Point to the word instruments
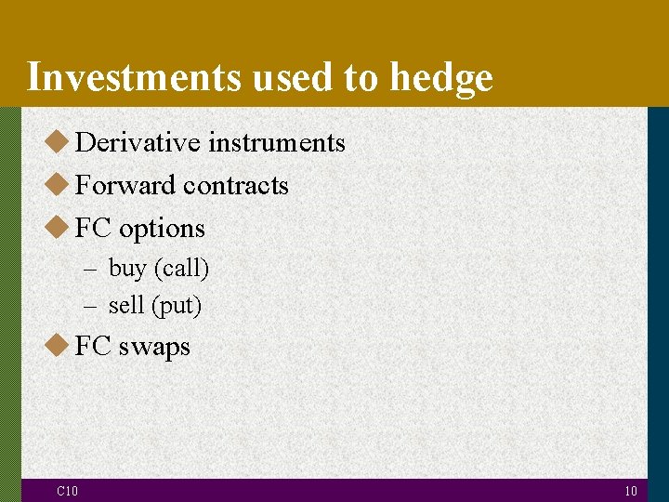point(276,142)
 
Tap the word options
point(162,229)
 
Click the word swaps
point(153,347)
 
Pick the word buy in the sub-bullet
point(127,270)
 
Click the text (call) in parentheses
point(181,270)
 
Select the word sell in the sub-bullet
point(125,305)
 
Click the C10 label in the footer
point(67,491)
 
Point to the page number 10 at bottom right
point(630,491)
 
